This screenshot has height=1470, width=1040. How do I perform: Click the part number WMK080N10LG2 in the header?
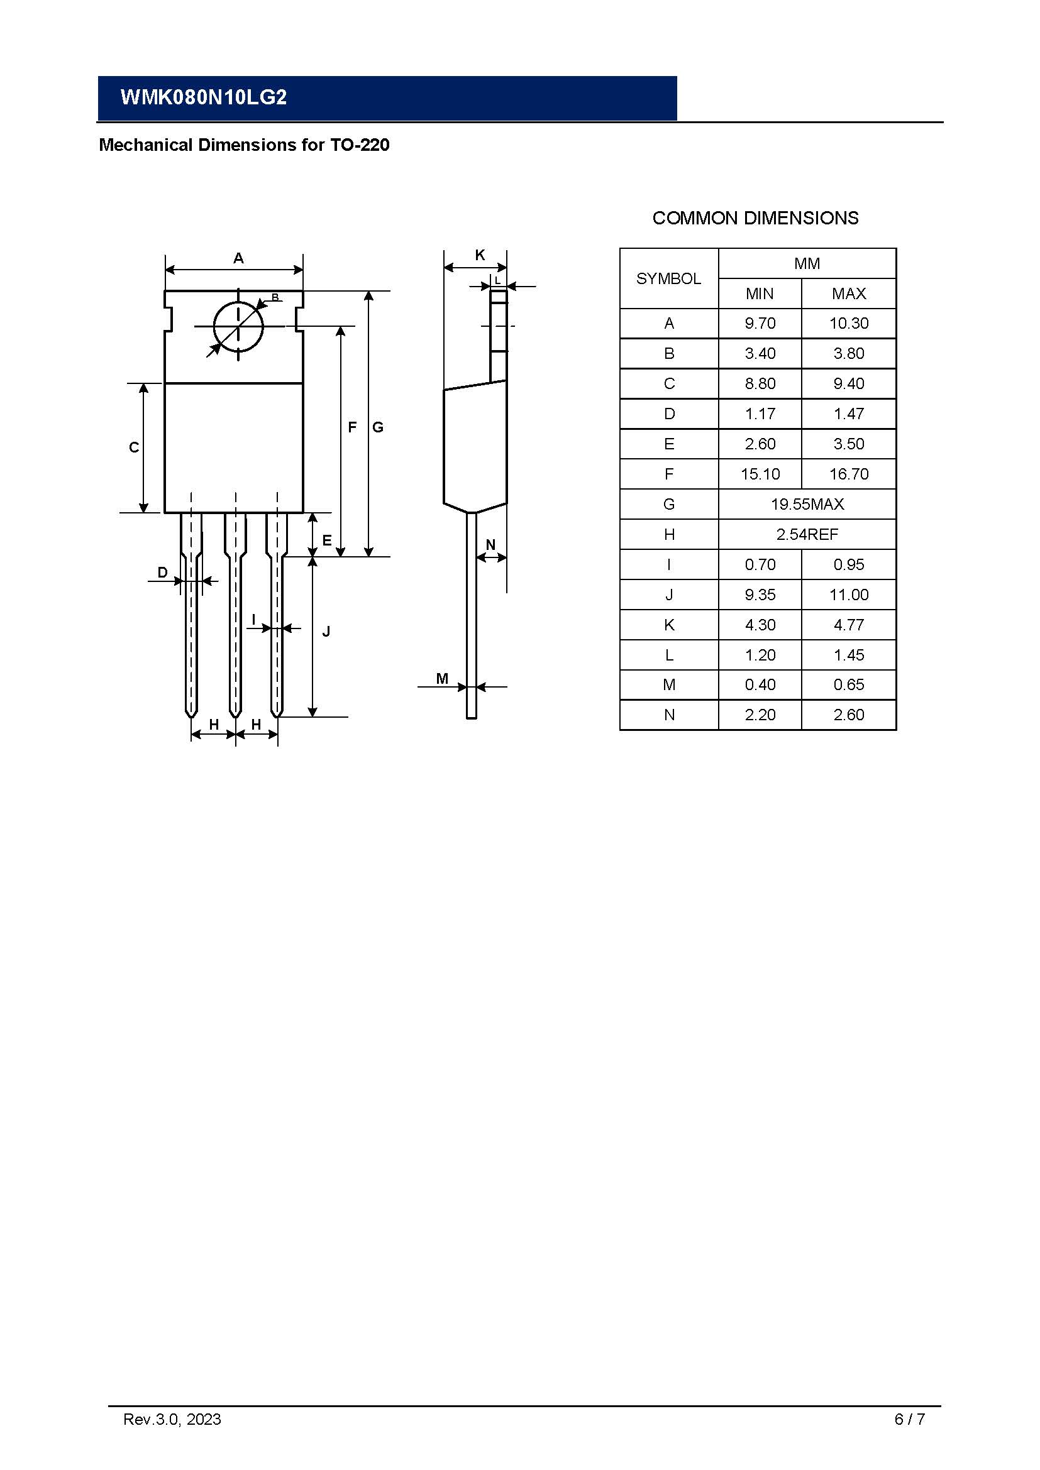click(x=204, y=97)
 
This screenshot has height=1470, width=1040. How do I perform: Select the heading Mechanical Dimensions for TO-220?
click(x=244, y=145)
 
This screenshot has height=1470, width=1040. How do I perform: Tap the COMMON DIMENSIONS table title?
click(x=755, y=218)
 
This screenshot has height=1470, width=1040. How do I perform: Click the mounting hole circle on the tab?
click(x=238, y=327)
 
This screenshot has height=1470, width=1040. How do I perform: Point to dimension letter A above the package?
click(x=238, y=259)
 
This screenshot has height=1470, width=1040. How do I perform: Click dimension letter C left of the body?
click(x=134, y=447)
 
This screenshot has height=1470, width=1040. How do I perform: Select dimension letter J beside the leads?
click(x=326, y=632)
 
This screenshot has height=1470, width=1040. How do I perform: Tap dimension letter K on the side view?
click(x=480, y=255)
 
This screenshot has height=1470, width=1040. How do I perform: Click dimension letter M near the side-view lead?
click(x=442, y=679)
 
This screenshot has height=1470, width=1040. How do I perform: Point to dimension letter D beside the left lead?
click(x=163, y=573)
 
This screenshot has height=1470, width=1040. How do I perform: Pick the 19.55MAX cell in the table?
click(x=807, y=505)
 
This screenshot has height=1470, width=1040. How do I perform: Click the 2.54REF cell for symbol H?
click(x=807, y=535)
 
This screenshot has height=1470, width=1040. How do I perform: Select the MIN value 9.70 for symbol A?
click(x=760, y=323)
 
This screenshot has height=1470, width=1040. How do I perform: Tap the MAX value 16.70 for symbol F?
click(x=848, y=474)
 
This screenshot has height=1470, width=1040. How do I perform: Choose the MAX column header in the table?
click(x=848, y=294)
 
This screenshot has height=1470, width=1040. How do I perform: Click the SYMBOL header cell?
click(x=668, y=279)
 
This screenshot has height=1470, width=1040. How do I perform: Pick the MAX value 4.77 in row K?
click(x=848, y=625)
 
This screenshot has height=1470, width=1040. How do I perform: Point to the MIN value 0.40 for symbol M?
click(x=760, y=685)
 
